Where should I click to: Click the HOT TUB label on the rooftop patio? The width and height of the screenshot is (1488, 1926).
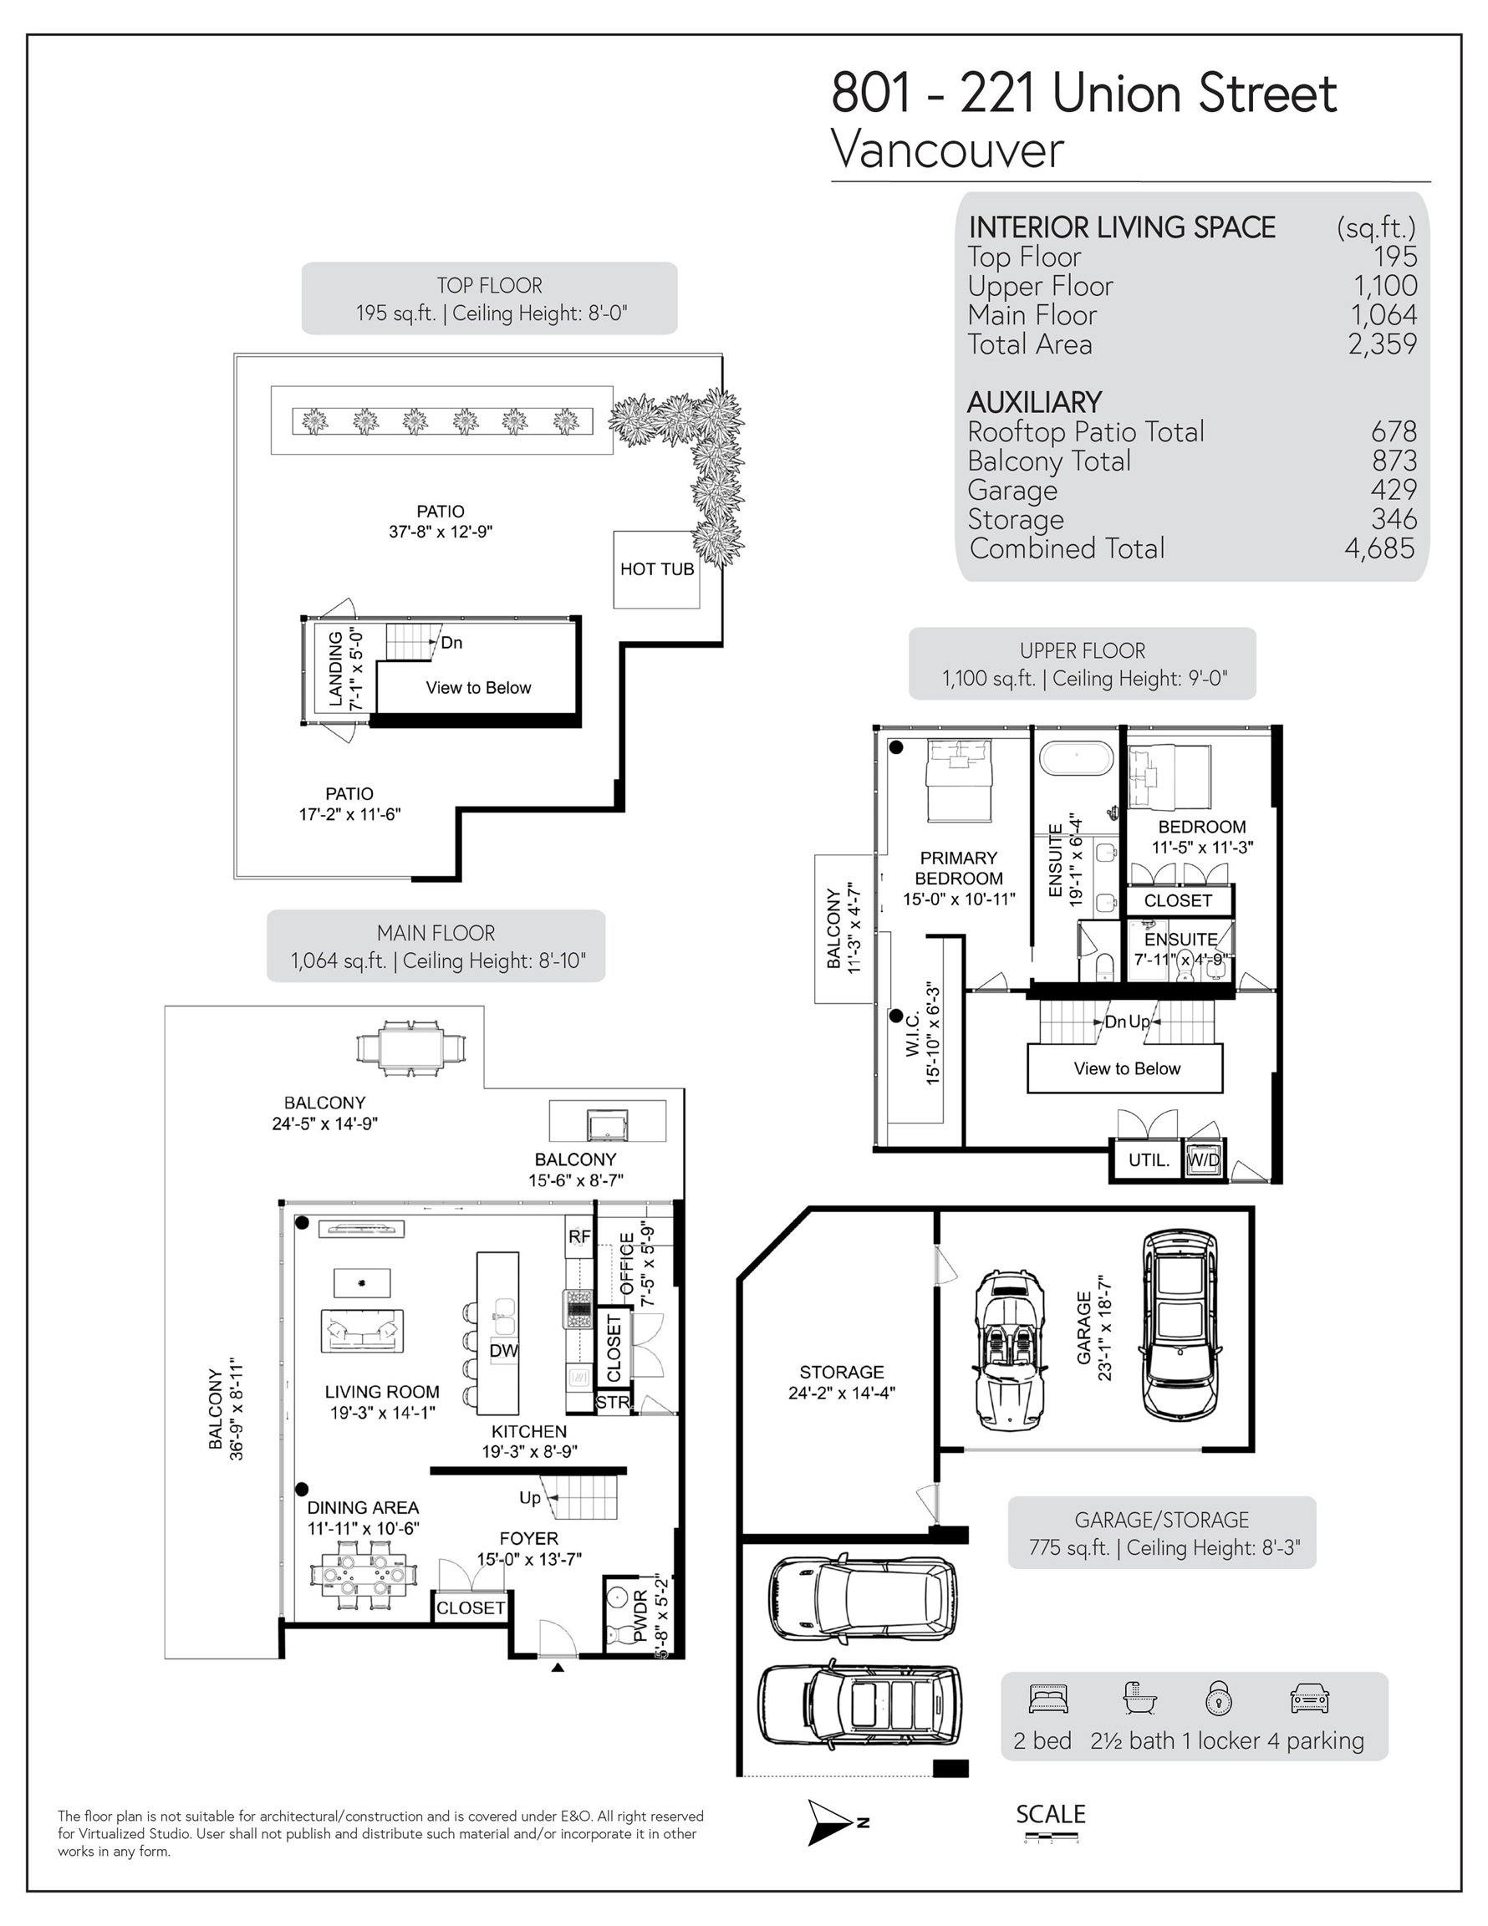[x=657, y=569]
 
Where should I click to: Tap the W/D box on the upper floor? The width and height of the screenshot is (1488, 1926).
[x=1203, y=1159]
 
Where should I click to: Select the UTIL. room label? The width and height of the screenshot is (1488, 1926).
[x=1149, y=1160]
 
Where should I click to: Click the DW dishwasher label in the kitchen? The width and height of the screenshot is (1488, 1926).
[x=503, y=1351]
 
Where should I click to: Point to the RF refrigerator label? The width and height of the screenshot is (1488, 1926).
[x=579, y=1237]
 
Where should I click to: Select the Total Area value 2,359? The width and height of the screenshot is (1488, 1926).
[x=1382, y=344]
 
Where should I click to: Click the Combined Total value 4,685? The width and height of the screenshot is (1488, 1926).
[x=1379, y=548]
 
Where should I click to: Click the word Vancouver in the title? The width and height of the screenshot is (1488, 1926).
[x=947, y=150]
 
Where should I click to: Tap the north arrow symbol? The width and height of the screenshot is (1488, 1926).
[x=830, y=1823]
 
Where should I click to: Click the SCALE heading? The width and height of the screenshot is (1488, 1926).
[x=1051, y=1814]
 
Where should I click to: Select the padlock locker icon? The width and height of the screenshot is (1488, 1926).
[x=1218, y=1698]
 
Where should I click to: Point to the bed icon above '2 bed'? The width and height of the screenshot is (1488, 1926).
[x=1047, y=1699]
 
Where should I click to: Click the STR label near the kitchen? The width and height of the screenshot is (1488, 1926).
[x=613, y=1402]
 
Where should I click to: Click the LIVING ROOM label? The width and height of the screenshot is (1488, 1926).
[x=382, y=1392]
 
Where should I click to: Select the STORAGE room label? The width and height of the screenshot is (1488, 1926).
[x=842, y=1372]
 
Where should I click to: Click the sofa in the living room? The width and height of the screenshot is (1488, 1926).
[x=363, y=1331]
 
